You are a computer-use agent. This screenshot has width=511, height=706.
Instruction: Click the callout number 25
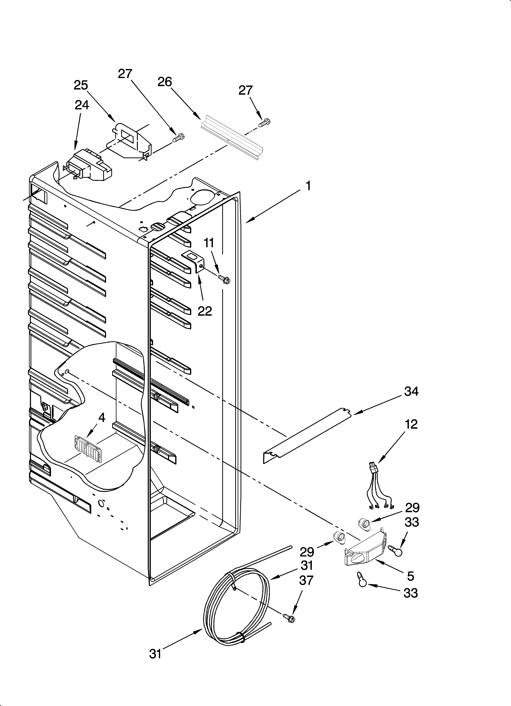click(81, 85)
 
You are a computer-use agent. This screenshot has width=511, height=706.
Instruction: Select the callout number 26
click(165, 82)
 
